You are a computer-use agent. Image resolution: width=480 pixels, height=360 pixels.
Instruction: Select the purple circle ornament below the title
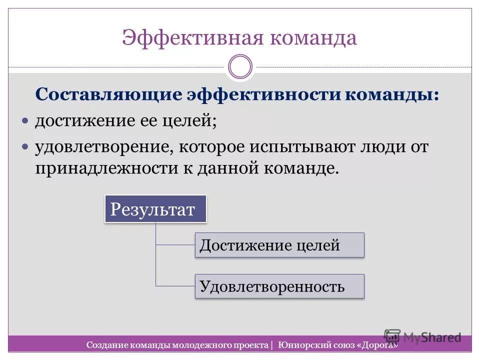[x=240, y=67]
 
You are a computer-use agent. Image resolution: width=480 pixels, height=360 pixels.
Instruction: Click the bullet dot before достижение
[x=26, y=121]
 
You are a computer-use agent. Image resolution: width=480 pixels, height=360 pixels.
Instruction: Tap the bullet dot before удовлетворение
[x=26, y=147]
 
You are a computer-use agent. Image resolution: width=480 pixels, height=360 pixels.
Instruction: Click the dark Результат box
[x=155, y=209]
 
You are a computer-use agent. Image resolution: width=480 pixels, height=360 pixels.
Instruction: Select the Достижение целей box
[x=279, y=245]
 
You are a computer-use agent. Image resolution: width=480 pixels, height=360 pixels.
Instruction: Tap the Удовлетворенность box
[x=279, y=286]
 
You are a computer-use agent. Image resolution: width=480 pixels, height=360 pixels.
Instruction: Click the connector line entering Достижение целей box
[x=175, y=245]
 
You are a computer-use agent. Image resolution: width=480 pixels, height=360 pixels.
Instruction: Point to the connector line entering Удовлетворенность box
[x=175, y=286]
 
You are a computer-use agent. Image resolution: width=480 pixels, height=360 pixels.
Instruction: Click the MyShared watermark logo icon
[x=392, y=336]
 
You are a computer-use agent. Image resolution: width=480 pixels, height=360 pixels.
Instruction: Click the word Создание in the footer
[x=105, y=345]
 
